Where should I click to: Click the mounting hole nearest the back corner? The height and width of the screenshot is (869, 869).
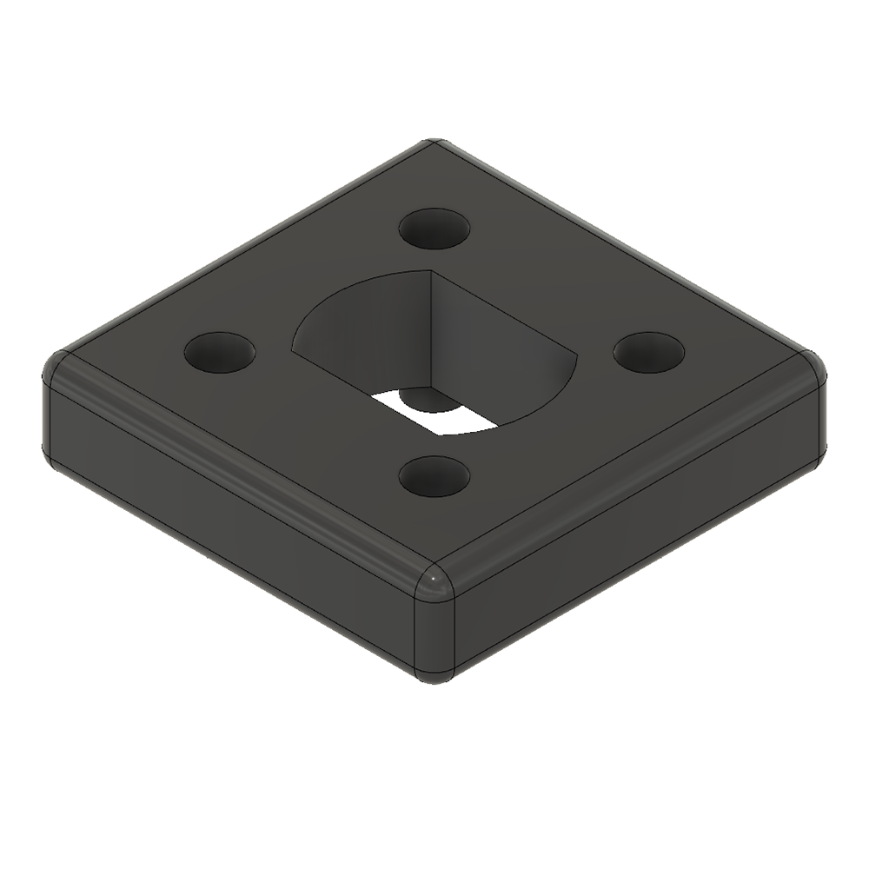pyautogui.click(x=434, y=229)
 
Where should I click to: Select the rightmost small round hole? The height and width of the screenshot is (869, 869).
pyautogui.click(x=649, y=352)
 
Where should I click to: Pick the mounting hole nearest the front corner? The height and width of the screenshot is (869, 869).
pyautogui.click(x=434, y=475)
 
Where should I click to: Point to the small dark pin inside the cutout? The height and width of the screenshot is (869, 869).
pyautogui.click(x=424, y=401)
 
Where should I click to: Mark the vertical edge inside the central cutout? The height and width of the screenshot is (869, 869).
pyautogui.click(x=432, y=330)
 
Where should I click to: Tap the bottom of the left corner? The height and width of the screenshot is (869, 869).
pyautogui.click(x=52, y=461)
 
